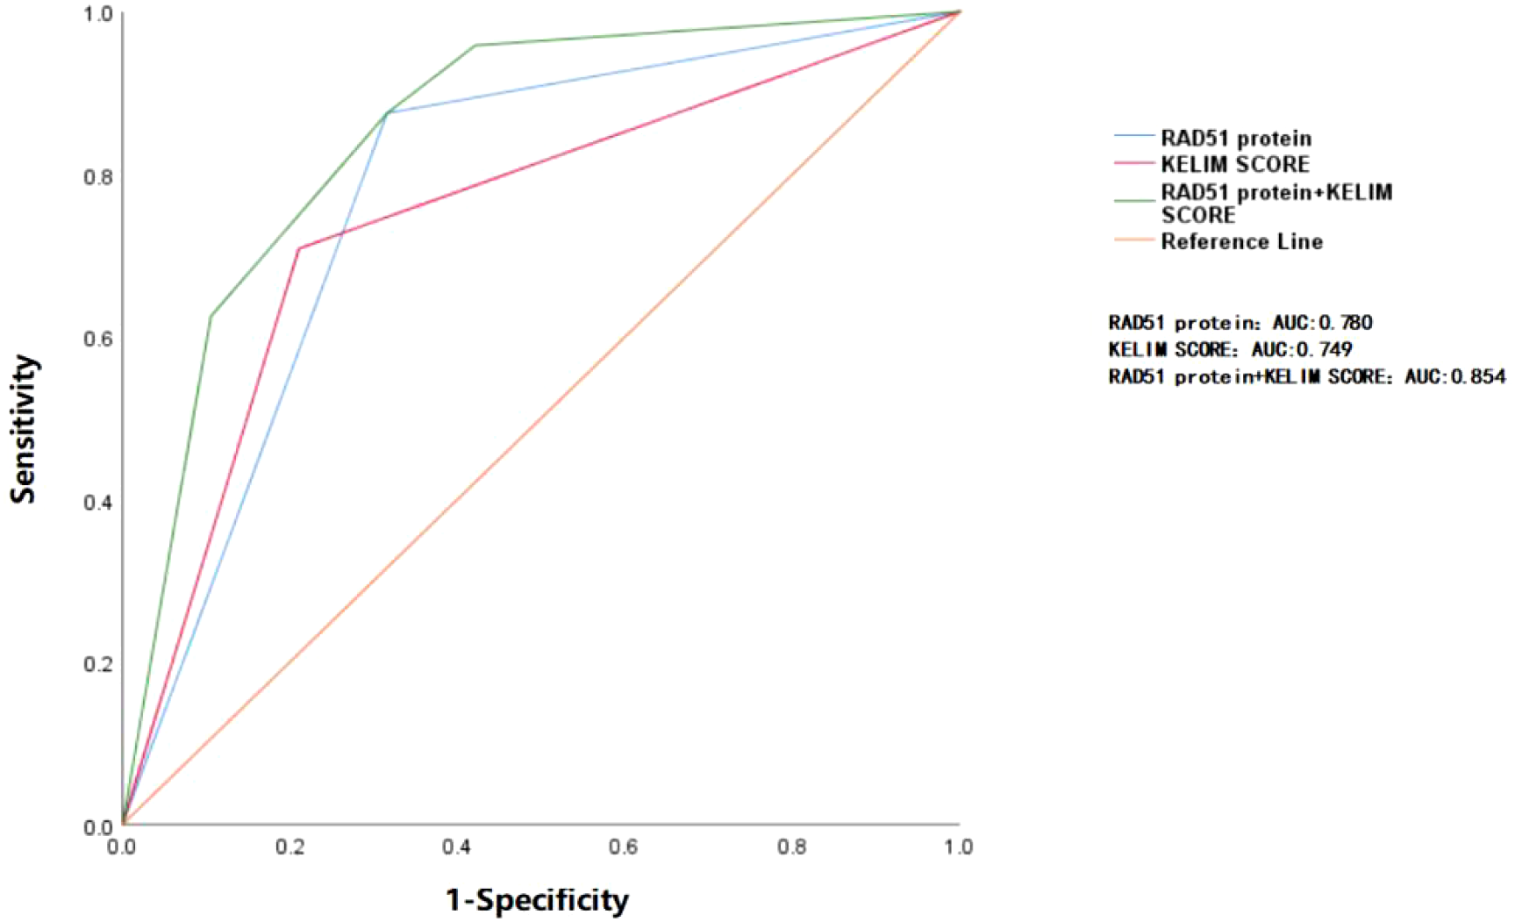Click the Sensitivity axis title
point(24,429)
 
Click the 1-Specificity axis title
point(537,900)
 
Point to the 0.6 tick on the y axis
point(97,339)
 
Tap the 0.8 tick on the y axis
point(97,177)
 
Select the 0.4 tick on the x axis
point(456,847)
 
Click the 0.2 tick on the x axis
point(289,847)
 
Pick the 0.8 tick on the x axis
point(791,847)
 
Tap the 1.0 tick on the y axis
point(97,15)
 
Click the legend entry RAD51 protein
point(1235,138)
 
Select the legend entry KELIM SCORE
point(1234,164)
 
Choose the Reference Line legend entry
point(1241,241)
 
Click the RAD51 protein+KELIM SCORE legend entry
point(1276,203)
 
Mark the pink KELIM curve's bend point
point(298,249)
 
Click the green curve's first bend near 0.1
point(211,316)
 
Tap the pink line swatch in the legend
point(1133,164)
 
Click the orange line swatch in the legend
point(1133,240)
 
